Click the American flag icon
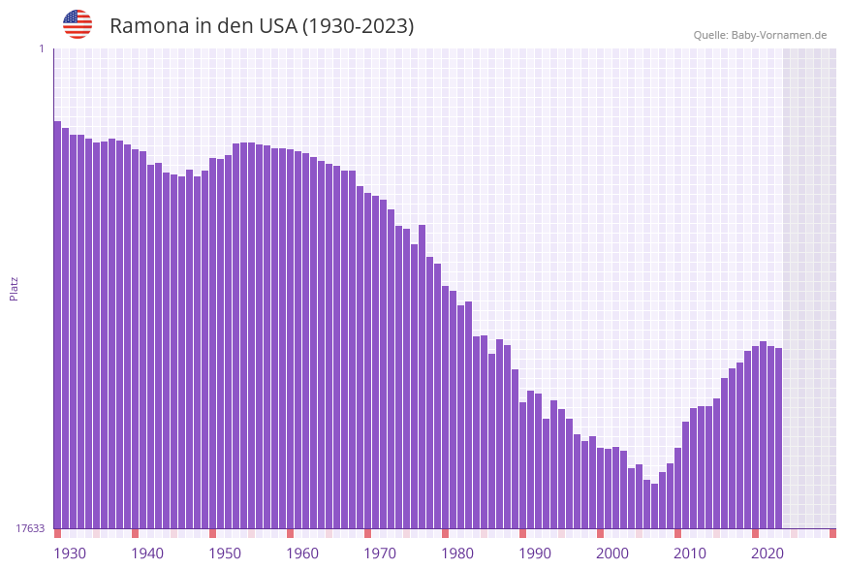78,24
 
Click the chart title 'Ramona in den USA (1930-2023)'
262,26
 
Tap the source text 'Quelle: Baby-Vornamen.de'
760,35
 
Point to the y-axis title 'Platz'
15,288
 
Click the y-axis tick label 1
41,48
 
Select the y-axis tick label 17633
30,528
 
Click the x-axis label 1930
70,553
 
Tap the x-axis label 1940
147,553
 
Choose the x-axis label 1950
225,553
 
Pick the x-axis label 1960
302,553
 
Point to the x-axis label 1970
380,553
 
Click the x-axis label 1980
457,553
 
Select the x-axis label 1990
535,553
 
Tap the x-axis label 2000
612,553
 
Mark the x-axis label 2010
690,553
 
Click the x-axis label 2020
768,553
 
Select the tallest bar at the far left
57,325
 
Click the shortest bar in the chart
654,506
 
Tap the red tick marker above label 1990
522,533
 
